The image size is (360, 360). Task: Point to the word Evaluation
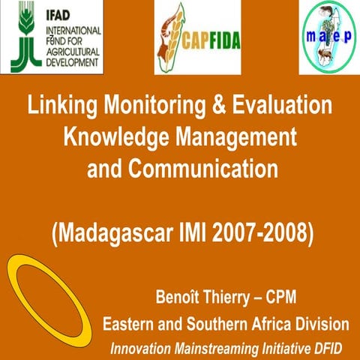click(284, 106)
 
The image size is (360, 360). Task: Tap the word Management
click(229, 137)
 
